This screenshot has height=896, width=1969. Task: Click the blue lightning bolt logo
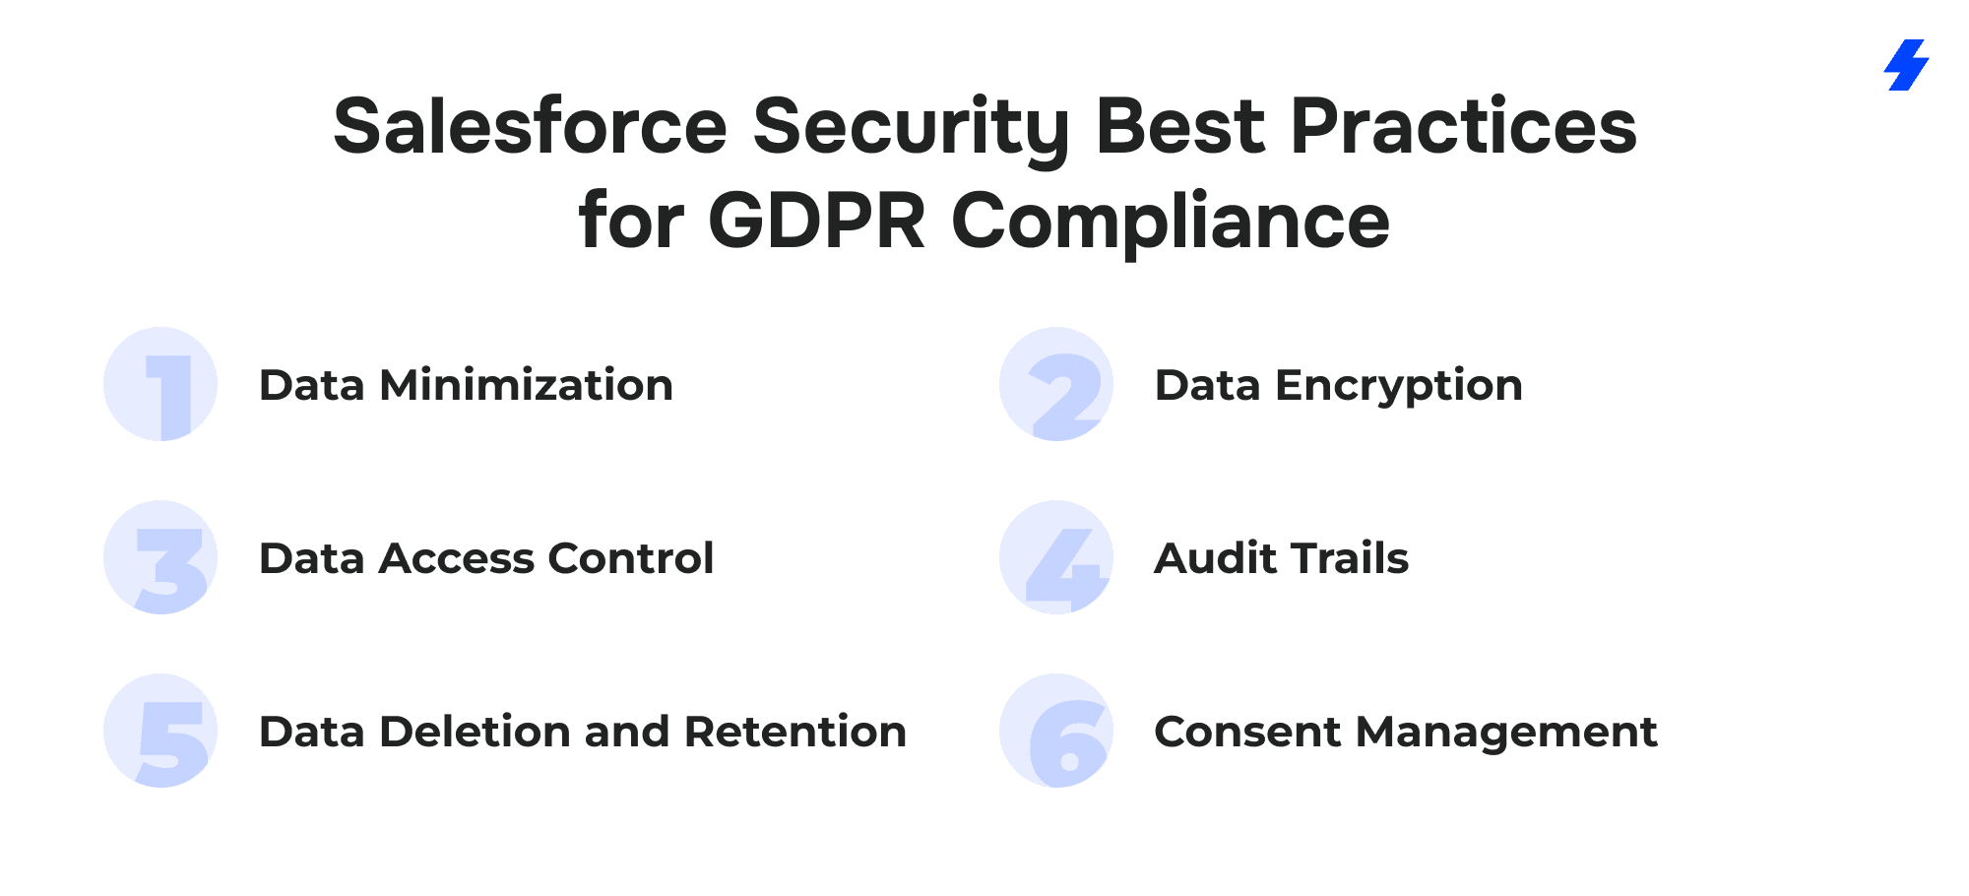click(1906, 65)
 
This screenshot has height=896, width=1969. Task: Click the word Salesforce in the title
click(531, 127)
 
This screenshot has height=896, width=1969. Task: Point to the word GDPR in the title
click(817, 220)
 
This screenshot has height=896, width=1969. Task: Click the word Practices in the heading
click(1464, 127)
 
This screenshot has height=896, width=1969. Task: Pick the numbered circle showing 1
click(160, 384)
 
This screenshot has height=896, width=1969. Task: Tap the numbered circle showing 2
click(1056, 384)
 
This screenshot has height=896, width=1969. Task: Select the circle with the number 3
click(160, 557)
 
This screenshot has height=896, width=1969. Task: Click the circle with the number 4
click(1056, 557)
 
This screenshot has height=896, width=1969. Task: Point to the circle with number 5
click(160, 731)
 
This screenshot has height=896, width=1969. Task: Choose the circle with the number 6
click(1056, 731)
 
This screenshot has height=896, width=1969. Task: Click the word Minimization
click(527, 385)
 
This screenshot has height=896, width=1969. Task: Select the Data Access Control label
click(486, 558)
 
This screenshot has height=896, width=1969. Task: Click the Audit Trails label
click(1282, 558)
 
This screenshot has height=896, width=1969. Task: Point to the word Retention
click(795, 732)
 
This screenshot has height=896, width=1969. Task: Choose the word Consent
click(1247, 732)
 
